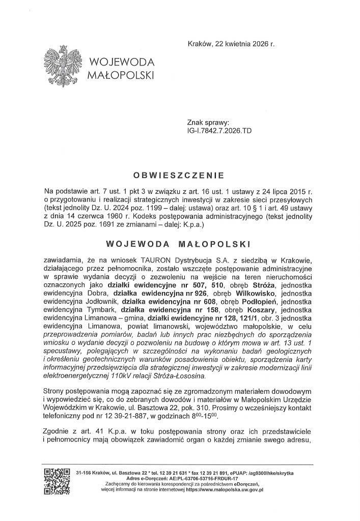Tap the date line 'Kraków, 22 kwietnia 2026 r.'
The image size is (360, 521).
(x=231, y=44)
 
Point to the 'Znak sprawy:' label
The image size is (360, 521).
(x=209, y=123)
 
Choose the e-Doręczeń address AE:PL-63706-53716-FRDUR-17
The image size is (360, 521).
(x=201, y=479)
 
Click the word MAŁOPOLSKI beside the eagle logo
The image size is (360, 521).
(x=120, y=76)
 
